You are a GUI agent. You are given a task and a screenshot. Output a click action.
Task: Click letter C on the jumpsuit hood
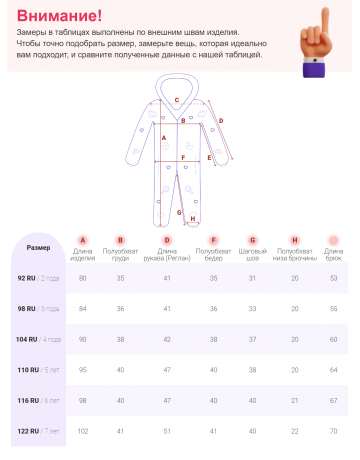(x=176, y=100)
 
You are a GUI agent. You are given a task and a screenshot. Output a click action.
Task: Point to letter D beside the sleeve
(x=220, y=120)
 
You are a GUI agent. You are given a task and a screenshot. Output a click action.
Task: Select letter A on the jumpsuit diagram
(x=163, y=137)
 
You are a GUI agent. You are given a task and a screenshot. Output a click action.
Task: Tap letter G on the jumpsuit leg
(x=179, y=212)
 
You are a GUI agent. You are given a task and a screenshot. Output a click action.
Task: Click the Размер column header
(x=38, y=246)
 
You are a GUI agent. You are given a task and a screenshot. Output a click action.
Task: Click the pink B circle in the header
(x=121, y=240)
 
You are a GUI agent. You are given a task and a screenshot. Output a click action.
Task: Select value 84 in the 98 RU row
(x=83, y=308)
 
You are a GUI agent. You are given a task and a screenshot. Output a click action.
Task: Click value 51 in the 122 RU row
(x=167, y=430)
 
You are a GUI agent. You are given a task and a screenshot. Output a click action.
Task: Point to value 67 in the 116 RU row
(x=334, y=400)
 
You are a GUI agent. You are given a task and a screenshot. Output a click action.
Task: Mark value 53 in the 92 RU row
(x=334, y=277)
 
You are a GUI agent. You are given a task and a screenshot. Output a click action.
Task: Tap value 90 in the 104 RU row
(x=83, y=339)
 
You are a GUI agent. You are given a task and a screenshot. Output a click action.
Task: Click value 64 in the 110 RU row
(x=334, y=369)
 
